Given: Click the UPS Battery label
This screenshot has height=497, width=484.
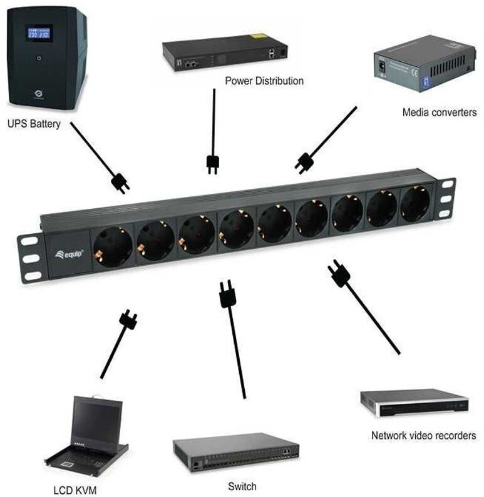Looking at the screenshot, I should pyautogui.click(x=34, y=124).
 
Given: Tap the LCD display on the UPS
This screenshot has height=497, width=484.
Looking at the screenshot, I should pyautogui.click(x=37, y=33).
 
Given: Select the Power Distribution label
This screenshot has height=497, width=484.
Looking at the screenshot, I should pyautogui.click(x=264, y=81).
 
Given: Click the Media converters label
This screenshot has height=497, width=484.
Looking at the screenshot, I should pyautogui.click(x=439, y=113).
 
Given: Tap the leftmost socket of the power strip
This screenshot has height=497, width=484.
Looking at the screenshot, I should pyautogui.click(x=113, y=244).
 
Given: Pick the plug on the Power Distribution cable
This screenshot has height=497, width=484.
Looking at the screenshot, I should pyautogui.click(x=212, y=164).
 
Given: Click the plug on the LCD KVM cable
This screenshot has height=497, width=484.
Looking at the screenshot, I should pyautogui.click(x=129, y=320).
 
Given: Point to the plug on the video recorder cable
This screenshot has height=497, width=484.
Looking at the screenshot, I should pyautogui.click(x=339, y=274).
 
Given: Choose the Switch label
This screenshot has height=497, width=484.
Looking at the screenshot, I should pyautogui.click(x=242, y=486).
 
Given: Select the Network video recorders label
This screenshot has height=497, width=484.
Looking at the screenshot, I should pyautogui.click(x=423, y=435).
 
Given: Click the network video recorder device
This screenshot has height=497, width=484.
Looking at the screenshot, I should pyautogui.click(x=413, y=404).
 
